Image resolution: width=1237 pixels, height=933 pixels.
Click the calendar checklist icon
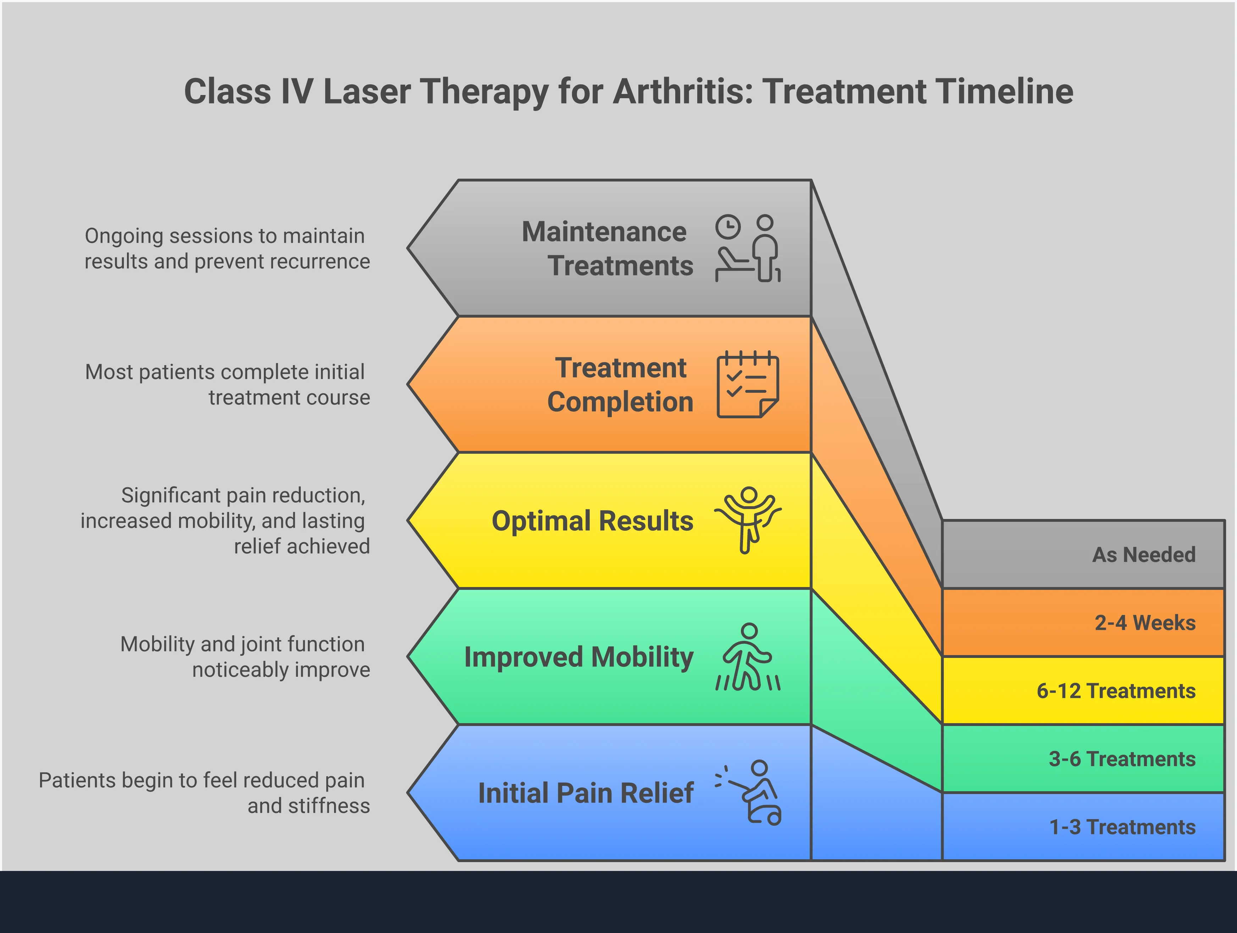tap(748, 385)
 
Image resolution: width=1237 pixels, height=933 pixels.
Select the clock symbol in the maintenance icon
tap(728, 227)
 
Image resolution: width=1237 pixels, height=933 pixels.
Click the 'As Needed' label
tap(1144, 554)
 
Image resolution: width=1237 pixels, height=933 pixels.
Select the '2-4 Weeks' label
tap(1145, 623)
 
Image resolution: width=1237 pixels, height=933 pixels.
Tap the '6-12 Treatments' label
tap(1116, 691)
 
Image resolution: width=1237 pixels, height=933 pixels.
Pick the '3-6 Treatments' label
tap(1122, 759)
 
